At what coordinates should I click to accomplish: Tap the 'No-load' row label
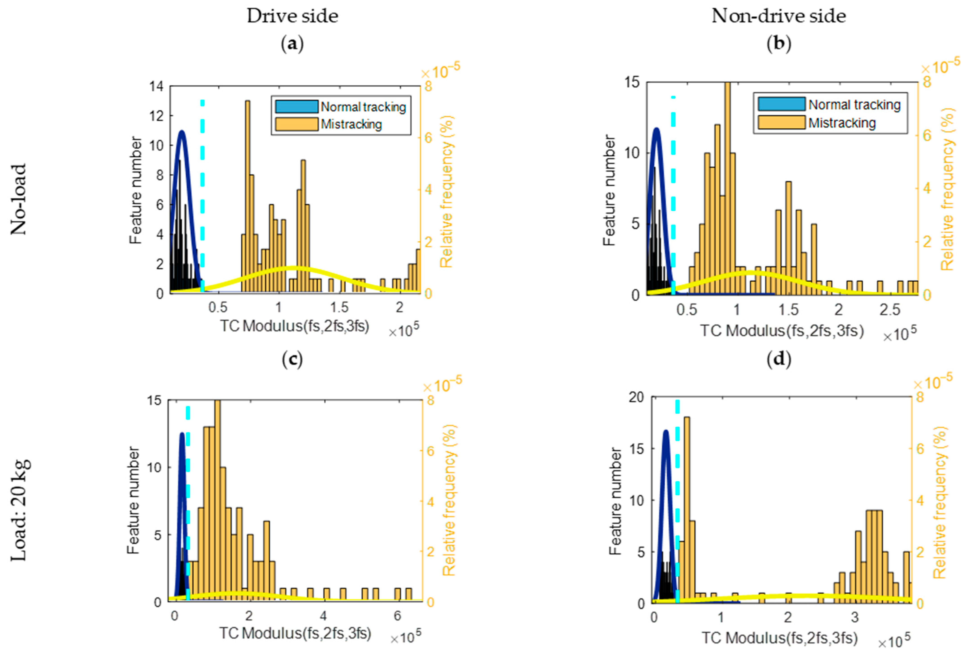(x=18, y=199)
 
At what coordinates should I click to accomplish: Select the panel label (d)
(x=778, y=359)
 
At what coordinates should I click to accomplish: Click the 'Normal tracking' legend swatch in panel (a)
(x=297, y=107)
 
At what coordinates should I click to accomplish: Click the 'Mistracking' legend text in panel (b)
(x=842, y=123)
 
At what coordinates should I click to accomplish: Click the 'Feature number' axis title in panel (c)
(x=133, y=500)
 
